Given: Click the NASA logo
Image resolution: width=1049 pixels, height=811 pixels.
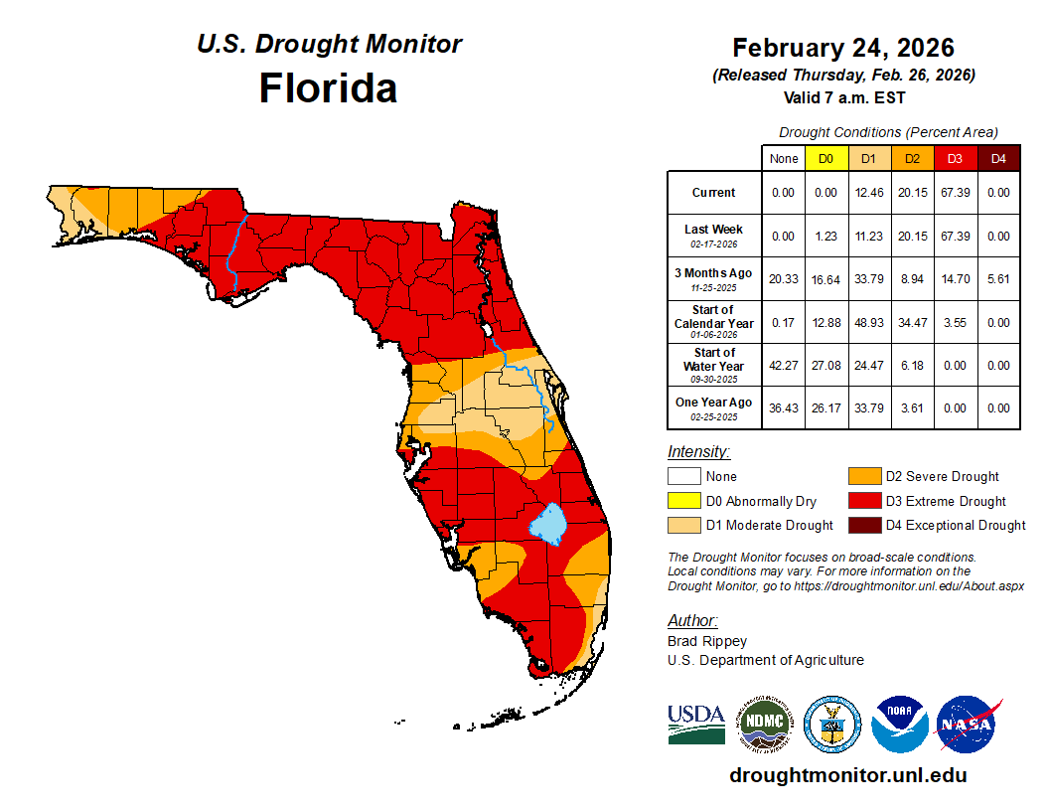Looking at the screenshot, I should tap(968, 725).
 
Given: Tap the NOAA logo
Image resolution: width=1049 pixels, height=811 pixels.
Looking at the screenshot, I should tap(900, 725).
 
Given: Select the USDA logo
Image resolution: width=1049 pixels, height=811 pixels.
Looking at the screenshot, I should tap(696, 725).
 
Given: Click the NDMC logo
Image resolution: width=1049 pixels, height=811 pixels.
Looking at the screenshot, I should tap(764, 725).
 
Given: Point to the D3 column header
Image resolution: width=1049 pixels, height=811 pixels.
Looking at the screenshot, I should tap(955, 158).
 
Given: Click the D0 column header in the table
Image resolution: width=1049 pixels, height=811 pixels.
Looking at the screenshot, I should tap(825, 158).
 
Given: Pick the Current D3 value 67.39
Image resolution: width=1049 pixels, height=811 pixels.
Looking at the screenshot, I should tap(955, 193).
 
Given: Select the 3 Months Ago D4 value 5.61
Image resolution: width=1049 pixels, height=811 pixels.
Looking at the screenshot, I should tap(997, 279).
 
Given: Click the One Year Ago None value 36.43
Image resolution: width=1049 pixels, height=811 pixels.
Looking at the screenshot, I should tap(784, 408).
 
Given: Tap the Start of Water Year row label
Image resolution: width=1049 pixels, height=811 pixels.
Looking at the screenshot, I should tap(714, 366).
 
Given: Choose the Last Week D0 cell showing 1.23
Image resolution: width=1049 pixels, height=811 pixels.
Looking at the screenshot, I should tap(825, 237).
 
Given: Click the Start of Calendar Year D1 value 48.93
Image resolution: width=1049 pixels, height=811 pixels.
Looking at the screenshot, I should tap(868, 323).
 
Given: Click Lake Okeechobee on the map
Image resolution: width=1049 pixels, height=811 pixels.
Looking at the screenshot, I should tap(547, 522).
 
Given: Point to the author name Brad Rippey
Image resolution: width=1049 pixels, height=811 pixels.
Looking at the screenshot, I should tap(707, 641).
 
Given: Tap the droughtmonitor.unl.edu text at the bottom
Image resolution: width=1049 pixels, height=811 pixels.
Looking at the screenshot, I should tap(847, 775).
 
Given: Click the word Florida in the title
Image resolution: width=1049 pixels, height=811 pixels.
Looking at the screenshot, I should tap(328, 88).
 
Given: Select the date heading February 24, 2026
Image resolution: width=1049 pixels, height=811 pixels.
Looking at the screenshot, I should tap(843, 48).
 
